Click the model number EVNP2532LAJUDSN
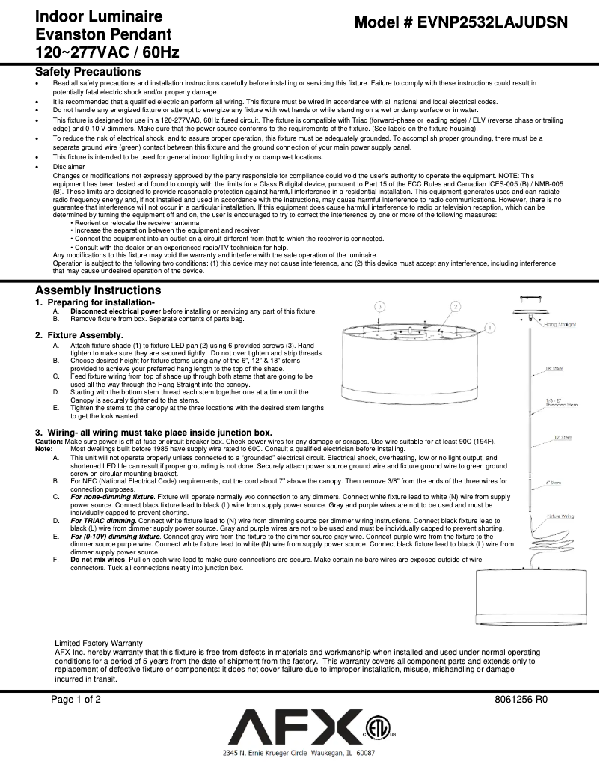click(461, 23)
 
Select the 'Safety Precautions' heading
click(88, 72)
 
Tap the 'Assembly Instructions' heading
click(98, 290)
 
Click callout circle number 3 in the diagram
click(380, 307)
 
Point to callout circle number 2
click(455, 307)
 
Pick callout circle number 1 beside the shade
click(489, 328)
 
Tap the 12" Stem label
click(554, 437)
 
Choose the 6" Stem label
click(554, 483)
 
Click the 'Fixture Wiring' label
click(560, 516)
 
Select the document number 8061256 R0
click(521, 700)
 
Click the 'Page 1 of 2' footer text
click(76, 700)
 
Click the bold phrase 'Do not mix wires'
click(98, 560)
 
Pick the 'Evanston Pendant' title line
click(103, 35)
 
